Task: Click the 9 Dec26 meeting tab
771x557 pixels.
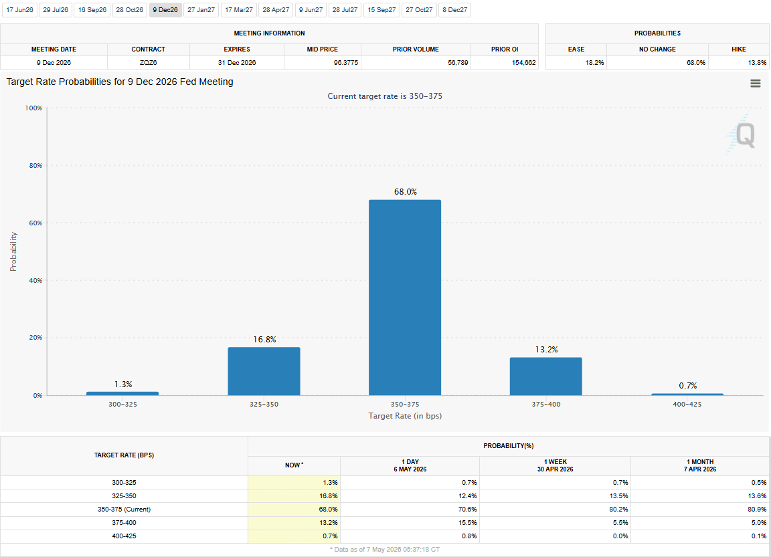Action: click(165, 10)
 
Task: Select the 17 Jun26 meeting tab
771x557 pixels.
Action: click(19, 10)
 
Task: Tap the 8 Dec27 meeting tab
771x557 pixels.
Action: click(455, 10)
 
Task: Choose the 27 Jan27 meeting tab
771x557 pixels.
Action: click(201, 10)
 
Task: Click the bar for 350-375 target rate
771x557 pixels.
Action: click(405, 297)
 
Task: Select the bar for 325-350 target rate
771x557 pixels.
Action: click(264, 371)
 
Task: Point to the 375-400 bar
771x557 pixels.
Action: click(546, 376)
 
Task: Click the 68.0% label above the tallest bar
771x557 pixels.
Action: click(405, 191)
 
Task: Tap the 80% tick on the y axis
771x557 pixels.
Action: click(35, 166)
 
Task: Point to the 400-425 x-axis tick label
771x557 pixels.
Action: click(687, 405)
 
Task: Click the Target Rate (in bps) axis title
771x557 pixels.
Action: click(405, 416)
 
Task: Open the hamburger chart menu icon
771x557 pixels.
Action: click(755, 84)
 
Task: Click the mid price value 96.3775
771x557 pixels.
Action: click(346, 63)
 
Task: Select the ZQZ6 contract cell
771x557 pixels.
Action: click(149, 63)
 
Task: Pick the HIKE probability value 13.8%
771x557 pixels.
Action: click(757, 63)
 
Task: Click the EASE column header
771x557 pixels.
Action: click(576, 49)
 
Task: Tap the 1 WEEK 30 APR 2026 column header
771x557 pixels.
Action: click(555, 465)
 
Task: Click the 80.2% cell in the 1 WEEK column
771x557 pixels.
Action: click(618, 510)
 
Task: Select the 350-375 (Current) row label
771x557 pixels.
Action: click(124, 510)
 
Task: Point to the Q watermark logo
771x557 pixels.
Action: click(744, 135)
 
